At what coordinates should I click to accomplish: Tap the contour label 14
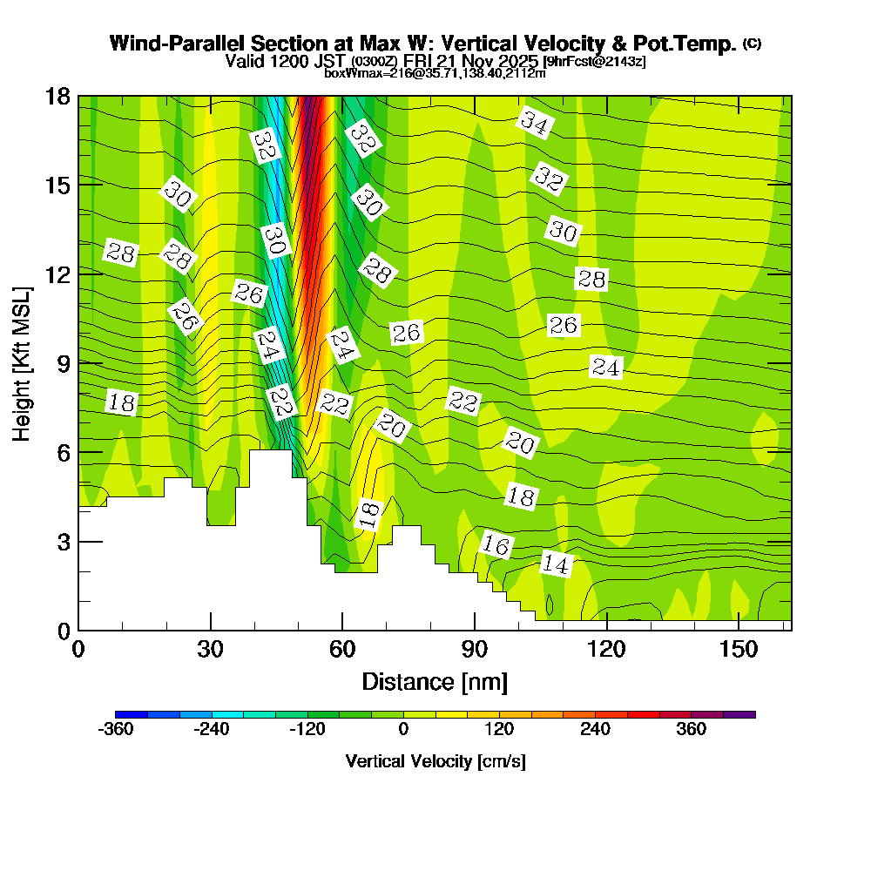pos(555,564)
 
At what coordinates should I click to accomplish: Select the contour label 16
pos(496,545)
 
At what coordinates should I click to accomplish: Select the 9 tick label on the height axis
pos(62,363)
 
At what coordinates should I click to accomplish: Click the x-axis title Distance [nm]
pos(435,681)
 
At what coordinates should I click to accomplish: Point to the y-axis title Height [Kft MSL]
pos(22,361)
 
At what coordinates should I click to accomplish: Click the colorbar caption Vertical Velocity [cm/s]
pos(435,761)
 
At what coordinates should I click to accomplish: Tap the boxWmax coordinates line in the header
pos(435,73)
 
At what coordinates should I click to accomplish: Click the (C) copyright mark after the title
pos(752,44)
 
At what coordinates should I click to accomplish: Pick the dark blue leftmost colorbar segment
pos(132,714)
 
